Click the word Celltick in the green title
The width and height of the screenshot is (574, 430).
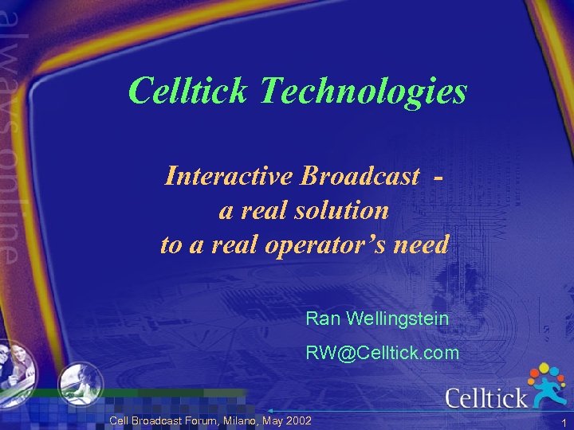(189, 91)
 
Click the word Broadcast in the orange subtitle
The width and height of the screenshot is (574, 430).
(360, 176)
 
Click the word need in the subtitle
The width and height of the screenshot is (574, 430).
(423, 244)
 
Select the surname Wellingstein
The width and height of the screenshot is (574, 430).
(397, 319)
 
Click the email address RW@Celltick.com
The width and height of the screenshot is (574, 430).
(383, 353)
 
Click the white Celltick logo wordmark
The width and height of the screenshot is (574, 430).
(486, 397)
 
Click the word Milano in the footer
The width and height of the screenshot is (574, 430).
(245, 420)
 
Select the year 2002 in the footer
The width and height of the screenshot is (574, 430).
(297, 420)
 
